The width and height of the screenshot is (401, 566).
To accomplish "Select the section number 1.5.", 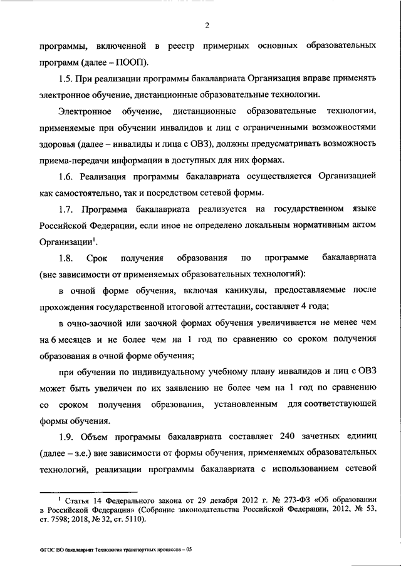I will click(66, 79).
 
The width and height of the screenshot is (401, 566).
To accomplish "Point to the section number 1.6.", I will click(66, 176).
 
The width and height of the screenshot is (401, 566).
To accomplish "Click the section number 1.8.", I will click(66, 257).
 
